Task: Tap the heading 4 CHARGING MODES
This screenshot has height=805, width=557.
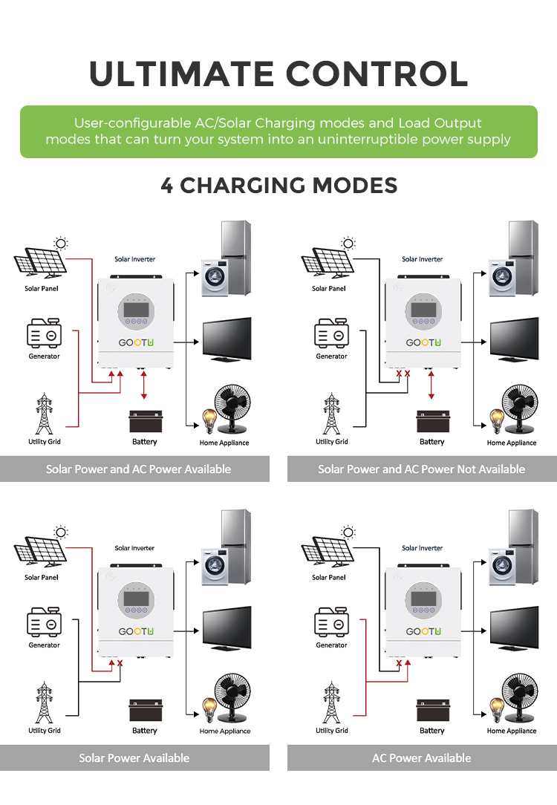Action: click(x=278, y=185)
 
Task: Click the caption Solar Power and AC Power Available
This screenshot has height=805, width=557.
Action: click(x=139, y=469)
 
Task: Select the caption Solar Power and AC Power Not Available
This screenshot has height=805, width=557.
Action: click(x=421, y=469)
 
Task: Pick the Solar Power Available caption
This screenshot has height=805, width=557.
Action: click(x=134, y=758)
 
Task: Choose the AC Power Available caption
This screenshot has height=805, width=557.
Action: click(x=421, y=758)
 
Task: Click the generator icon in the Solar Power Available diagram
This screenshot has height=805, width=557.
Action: click(x=44, y=624)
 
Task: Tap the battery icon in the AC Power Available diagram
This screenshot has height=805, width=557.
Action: click(x=431, y=711)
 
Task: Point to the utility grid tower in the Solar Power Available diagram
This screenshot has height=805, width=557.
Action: click(x=44, y=703)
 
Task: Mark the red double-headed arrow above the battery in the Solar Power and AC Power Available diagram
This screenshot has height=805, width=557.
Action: click(x=144, y=386)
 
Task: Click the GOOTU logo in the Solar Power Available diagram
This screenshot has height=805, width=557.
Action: click(x=135, y=632)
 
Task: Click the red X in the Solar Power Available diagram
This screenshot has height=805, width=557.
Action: click(x=120, y=663)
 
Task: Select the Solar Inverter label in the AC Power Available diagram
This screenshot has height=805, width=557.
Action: click(x=422, y=548)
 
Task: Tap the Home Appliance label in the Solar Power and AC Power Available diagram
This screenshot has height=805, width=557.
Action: click(x=224, y=443)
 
